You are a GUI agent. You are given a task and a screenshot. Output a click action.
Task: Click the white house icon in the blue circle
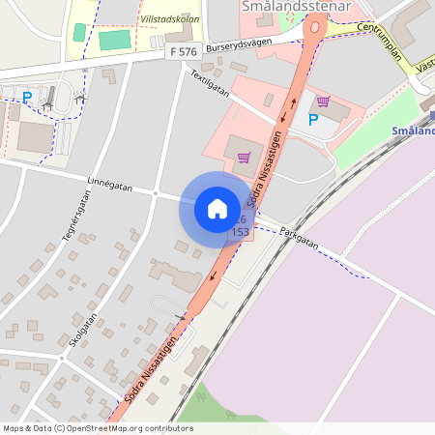tap(217, 208)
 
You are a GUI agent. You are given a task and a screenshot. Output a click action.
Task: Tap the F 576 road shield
tap(182, 50)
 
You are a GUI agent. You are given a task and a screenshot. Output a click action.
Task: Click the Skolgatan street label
tap(83, 330)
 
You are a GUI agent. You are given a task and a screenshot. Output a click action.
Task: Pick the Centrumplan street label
tap(378, 41)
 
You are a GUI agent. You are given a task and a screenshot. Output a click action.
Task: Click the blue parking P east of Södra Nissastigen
tap(312, 120)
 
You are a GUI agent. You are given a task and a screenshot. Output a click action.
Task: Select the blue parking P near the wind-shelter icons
tap(27, 97)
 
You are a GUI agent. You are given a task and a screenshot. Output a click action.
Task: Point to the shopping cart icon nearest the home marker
tap(244, 156)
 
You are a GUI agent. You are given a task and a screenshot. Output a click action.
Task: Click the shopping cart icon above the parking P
tap(322, 101)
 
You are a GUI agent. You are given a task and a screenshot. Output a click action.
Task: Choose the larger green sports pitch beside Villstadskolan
tap(113, 41)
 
